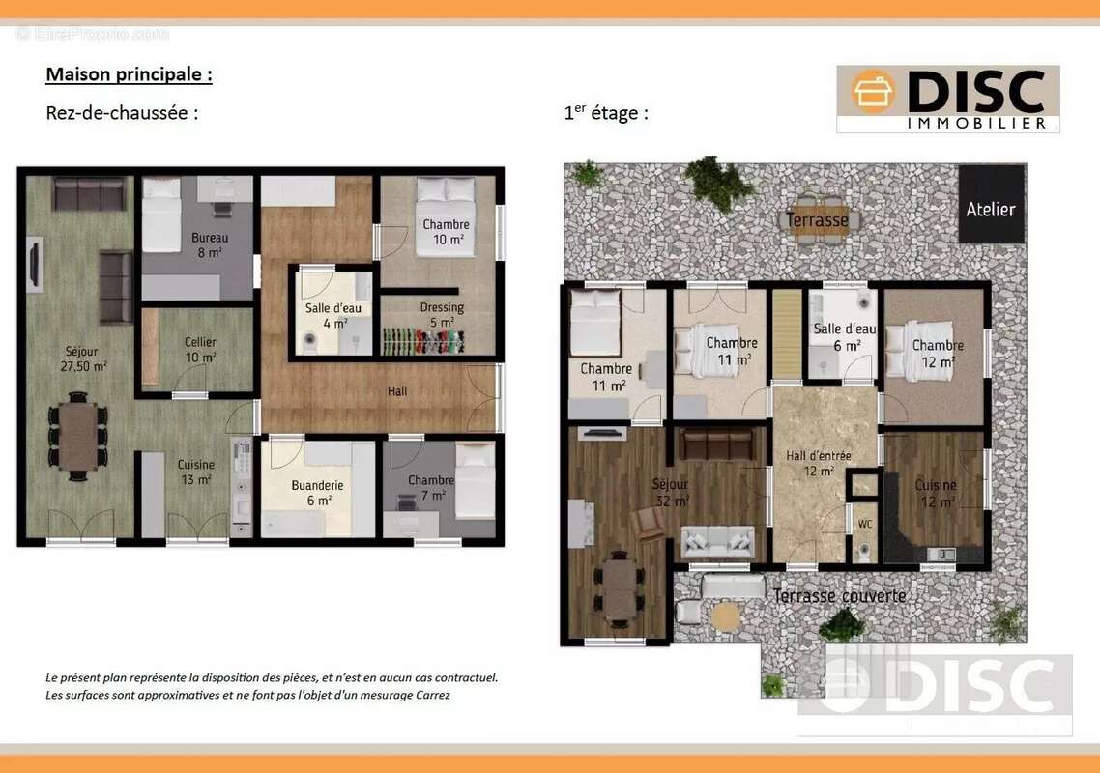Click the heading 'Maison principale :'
click(x=130, y=75)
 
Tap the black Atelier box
click(x=992, y=204)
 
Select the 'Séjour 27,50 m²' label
click(x=83, y=358)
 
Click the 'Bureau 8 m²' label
click(x=209, y=244)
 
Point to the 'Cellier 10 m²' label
click(x=201, y=350)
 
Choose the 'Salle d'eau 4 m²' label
click(x=333, y=316)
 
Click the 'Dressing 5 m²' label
click(x=442, y=314)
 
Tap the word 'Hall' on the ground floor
click(x=397, y=391)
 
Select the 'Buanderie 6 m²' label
click(x=317, y=493)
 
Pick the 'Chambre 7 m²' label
click(x=431, y=488)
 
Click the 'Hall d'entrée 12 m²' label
click(x=818, y=463)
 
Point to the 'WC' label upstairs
click(x=865, y=525)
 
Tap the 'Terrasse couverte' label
click(x=840, y=596)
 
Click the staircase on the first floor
click(x=787, y=335)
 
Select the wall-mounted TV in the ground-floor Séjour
click(x=34, y=263)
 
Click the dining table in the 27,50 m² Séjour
click(x=78, y=437)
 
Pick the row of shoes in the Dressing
click(x=423, y=342)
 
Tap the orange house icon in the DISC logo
click(x=874, y=91)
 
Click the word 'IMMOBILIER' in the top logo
click(x=977, y=124)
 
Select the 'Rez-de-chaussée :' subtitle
click(x=122, y=113)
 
